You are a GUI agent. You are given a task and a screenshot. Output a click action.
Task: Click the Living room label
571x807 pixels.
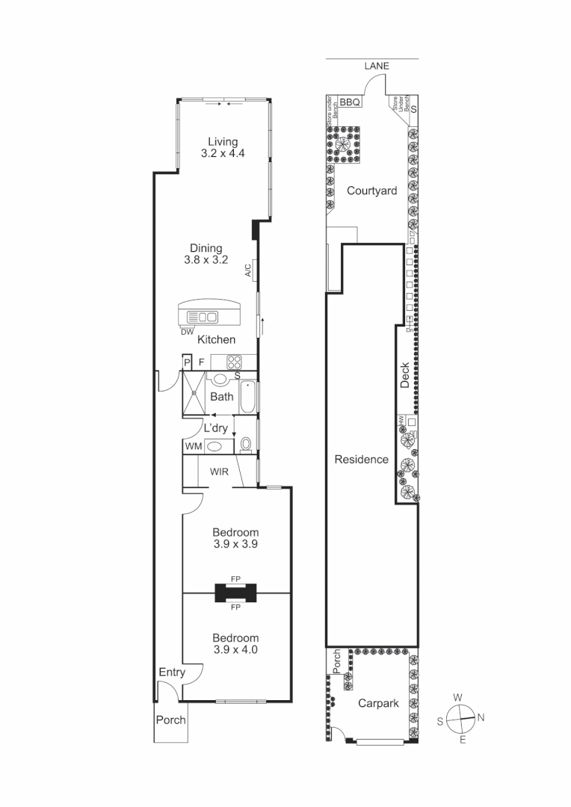pyautogui.click(x=223, y=147)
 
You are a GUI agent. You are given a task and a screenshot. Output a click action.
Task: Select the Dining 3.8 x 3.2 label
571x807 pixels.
pyautogui.click(x=206, y=255)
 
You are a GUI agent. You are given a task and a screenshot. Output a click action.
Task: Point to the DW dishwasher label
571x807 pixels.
pyautogui.click(x=187, y=332)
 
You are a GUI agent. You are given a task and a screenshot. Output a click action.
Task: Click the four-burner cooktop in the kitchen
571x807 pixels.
pyautogui.click(x=234, y=362)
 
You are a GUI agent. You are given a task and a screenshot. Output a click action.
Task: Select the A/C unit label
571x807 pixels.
pyautogui.click(x=247, y=270)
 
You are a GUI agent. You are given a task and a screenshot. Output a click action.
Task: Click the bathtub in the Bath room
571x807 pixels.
pyautogui.click(x=248, y=398)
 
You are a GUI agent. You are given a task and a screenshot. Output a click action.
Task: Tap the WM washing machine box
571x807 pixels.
pyautogui.click(x=193, y=446)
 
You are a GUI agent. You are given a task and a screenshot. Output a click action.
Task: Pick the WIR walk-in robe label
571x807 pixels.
pyautogui.click(x=219, y=472)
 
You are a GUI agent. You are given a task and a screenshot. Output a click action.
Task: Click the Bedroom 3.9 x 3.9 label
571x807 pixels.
pyautogui.click(x=235, y=538)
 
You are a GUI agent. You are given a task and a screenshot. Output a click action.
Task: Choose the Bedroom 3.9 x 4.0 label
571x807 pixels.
pyautogui.click(x=235, y=643)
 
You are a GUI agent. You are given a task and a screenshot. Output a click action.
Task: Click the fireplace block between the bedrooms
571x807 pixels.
pyautogui.click(x=235, y=593)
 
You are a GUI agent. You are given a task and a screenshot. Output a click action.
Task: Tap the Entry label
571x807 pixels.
pyautogui.click(x=172, y=672)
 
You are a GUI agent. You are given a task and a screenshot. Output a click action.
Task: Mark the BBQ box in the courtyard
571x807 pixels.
pyautogui.click(x=350, y=102)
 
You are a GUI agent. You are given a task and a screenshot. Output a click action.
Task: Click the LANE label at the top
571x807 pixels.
pyautogui.click(x=377, y=67)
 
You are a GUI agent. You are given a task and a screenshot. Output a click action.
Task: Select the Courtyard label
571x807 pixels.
pyautogui.click(x=371, y=191)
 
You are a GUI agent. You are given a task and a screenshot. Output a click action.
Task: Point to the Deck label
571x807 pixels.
pyautogui.click(x=404, y=376)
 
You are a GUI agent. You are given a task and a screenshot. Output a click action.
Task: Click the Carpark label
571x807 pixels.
pyautogui.click(x=377, y=703)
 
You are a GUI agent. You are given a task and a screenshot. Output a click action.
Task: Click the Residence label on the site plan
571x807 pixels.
pyautogui.click(x=361, y=459)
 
